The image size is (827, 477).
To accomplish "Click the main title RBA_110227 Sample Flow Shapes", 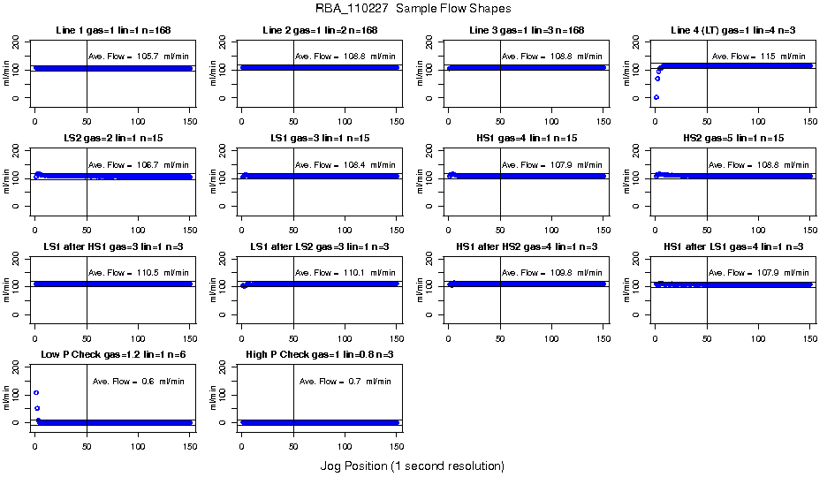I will coord(413,9).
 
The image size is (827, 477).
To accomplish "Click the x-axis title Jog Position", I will coord(413,466).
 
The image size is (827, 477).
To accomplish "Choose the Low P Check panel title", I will coord(112,355).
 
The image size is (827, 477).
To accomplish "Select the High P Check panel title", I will coord(319,355).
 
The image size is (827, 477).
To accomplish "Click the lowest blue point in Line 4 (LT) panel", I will coord(656,97).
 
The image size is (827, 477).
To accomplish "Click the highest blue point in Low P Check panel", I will coord(36,392).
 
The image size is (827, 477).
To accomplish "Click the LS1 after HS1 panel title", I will coord(112,246).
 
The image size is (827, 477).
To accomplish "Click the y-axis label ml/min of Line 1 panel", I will coord(8,76).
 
